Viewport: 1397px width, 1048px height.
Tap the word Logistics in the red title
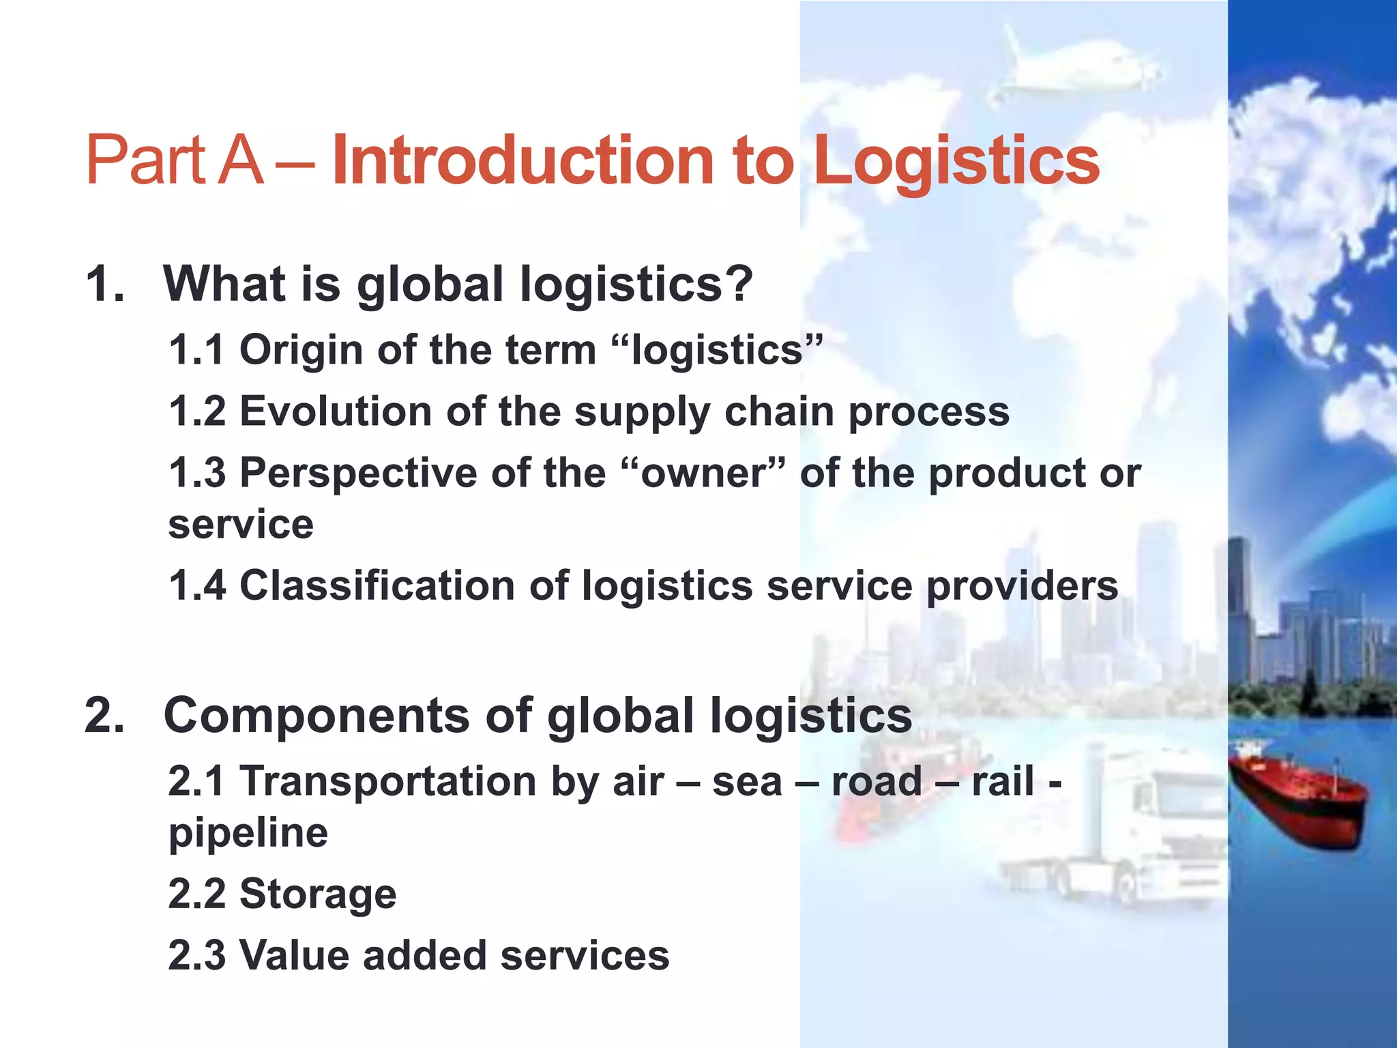[x=956, y=162]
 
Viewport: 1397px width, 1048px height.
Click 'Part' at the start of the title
[x=145, y=160]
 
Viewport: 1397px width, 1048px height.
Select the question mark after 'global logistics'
[x=739, y=283]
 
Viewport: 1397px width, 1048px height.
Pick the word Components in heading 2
[x=317, y=716]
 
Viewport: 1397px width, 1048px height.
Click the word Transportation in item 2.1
[x=387, y=781]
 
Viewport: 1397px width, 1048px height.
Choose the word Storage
[x=318, y=894]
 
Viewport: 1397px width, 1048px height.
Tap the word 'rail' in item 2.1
[x=1003, y=781]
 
